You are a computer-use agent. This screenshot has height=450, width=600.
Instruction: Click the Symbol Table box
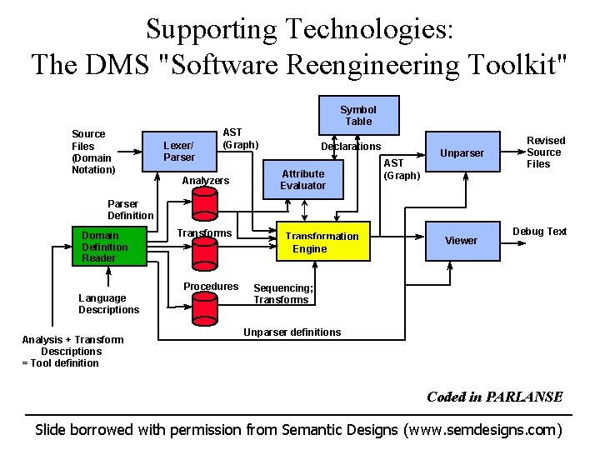point(358,116)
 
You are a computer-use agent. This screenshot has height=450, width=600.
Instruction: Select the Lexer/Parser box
point(179,151)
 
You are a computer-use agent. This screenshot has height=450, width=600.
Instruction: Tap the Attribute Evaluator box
point(303,179)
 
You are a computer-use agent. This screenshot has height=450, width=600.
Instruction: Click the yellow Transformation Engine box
point(322,242)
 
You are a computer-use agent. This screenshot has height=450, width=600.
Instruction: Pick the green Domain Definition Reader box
point(106,247)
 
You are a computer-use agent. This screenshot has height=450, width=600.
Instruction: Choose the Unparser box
point(462,153)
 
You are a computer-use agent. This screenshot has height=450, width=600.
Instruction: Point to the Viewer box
point(461,241)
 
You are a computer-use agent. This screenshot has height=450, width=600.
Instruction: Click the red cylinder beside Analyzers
point(205,204)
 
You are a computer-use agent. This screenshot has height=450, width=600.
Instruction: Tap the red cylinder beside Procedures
point(205,308)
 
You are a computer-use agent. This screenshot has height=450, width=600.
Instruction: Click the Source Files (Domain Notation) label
point(93,152)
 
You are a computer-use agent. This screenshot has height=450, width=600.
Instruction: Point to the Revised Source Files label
point(545,152)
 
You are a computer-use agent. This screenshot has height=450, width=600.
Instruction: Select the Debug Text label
point(539,232)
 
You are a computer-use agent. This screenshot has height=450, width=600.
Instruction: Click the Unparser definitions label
point(292,332)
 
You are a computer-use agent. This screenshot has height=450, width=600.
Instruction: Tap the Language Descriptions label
point(108,304)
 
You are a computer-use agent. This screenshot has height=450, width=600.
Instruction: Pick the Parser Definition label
point(130,209)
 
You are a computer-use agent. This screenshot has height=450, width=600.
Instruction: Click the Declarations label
point(351,147)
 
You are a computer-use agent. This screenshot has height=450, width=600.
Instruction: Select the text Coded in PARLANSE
point(494,397)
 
